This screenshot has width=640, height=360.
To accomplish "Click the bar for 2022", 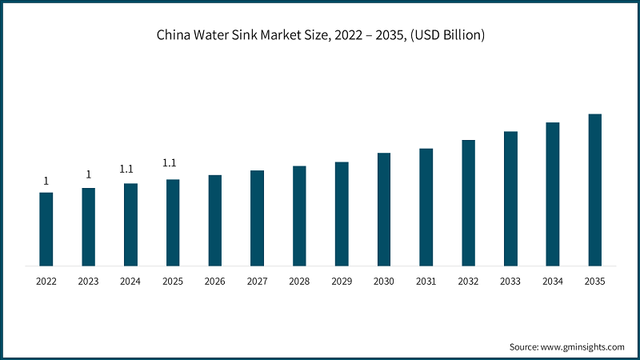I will (x=46, y=229).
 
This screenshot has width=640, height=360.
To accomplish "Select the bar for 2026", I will (x=215, y=220).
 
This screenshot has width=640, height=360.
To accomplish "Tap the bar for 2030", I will (x=384, y=209).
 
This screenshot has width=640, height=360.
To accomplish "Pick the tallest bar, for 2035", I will (x=595, y=190).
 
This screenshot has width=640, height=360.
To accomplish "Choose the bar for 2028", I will (x=299, y=215).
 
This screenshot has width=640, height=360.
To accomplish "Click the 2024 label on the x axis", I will (x=130, y=282).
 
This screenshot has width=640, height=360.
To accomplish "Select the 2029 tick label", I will (x=342, y=282).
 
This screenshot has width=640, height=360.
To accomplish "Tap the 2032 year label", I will (x=468, y=282).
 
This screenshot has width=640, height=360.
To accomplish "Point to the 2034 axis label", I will (x=553, y=282).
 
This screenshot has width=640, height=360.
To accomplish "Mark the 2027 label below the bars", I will (x=257, y=282).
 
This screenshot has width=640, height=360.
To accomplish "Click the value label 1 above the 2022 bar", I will (x=46, y=181).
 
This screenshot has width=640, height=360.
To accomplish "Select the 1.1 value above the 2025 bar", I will (x=170, y=163).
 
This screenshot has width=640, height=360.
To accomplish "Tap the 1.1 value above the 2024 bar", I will (x=126, y=169).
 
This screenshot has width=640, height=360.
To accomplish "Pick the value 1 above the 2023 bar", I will (x=88, y=175).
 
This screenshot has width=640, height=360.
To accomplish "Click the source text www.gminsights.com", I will (x=583, y=347).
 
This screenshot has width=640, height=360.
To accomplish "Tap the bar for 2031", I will (x=426, y=206).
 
